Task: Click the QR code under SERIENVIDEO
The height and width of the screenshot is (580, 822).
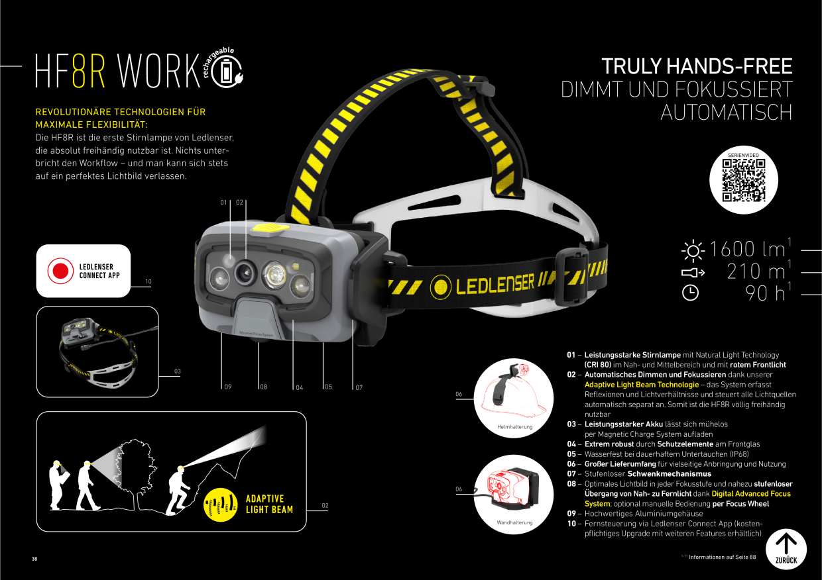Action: [744, 180]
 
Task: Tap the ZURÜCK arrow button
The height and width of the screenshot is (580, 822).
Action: [786, 549]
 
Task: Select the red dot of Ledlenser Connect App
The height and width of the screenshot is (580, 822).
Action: [60, 271]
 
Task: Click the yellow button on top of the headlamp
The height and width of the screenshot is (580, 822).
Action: [270, 228]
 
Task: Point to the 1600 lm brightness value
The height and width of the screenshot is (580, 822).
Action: [747, 250]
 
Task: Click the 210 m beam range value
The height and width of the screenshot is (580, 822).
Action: [756, 271]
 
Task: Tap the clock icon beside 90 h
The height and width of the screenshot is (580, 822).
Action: [690, 293]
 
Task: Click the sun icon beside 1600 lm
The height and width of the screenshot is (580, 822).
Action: [693, 251]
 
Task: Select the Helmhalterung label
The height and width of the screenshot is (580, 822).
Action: [514, 427]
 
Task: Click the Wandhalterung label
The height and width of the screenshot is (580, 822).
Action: [514, 522]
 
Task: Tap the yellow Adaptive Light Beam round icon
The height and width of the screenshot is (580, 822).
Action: [220, 505]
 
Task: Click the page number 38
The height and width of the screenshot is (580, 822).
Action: [34, 559]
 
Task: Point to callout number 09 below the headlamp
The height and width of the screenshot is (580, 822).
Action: [228, 387]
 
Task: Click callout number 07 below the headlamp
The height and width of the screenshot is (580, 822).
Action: [359, 387]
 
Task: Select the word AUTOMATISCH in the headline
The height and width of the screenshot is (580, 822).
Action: [727, 112]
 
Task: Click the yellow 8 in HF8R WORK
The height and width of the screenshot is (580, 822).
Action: [79, 70]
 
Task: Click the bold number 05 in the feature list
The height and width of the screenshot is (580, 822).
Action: [571, 454]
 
